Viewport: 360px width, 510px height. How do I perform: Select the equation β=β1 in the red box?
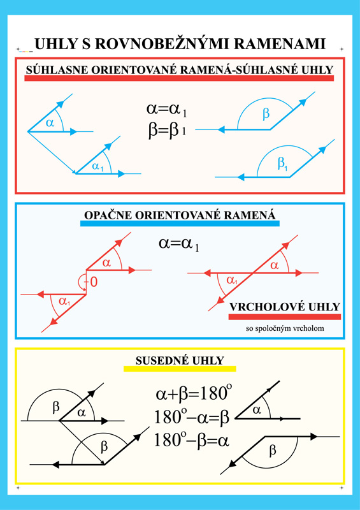coord(167,131)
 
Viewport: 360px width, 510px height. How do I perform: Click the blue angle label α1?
coord(97,167)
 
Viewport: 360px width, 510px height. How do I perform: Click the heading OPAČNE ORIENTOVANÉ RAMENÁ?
coord(180,215)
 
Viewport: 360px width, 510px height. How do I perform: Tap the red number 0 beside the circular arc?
coord(93,282)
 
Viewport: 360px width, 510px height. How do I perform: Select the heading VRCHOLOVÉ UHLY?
coord(285,307)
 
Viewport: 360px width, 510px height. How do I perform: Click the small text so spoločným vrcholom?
coord(285,328)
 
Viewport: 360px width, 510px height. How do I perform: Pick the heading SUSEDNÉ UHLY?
coord(180,360)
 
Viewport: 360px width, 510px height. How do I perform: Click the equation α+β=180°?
coord(194,393)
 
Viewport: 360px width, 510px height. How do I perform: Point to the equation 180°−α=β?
coord(192,417)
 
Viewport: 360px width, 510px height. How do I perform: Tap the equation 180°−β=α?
coord(192,441)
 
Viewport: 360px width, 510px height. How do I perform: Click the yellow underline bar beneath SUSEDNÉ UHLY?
coord(180,369)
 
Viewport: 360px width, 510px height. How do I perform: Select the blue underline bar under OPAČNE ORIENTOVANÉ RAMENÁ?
coord(180,224)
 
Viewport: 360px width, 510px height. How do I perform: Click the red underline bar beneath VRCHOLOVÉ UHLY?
coord(285,317)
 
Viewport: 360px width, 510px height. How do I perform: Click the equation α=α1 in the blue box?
coord(179,244)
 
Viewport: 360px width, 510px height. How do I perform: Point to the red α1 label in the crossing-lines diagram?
coord(232,280)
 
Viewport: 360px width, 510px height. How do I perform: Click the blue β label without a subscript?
coord(266,114)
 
